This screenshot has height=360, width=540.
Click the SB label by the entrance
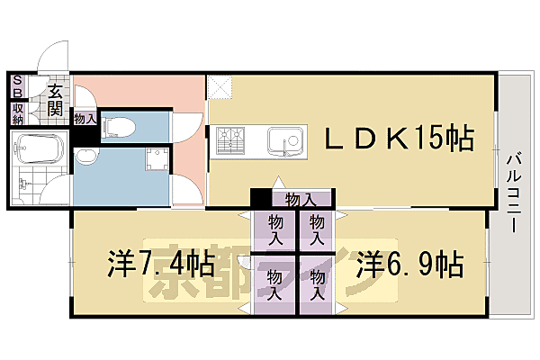[17, 87]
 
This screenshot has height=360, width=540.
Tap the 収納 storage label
[17, 114]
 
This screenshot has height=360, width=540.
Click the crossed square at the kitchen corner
[220, 87]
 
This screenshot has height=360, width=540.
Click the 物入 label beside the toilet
[85, 118]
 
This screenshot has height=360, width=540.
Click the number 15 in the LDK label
[431, 139]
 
